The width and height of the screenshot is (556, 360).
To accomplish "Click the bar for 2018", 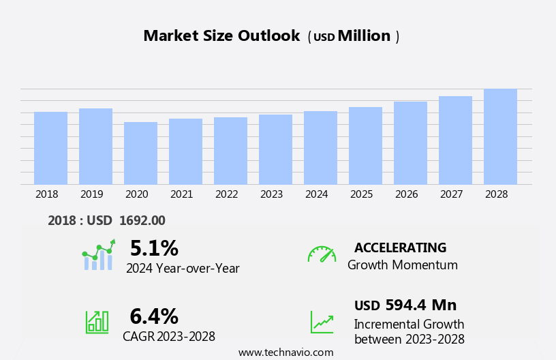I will click(x=50, y=148).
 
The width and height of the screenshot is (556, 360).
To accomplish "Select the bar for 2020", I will click(x=140, y=153).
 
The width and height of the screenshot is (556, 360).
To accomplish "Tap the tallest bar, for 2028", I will click(x=500, y=136).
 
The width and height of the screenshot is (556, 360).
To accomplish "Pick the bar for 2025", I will click(x=365, y=146).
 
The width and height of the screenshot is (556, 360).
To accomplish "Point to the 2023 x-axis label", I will click(x=271, y=194).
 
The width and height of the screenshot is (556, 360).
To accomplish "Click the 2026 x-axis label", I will click(x=406, y=194).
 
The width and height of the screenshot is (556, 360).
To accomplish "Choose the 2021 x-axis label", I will click(x=181, y=194).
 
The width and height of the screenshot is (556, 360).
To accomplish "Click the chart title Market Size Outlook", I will click(x=221, y=36).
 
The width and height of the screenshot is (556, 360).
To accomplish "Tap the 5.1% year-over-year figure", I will click(x=154, y=248).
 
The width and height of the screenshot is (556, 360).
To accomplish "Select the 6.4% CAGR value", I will click(x=154, y=316).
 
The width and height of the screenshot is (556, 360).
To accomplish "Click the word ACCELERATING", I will click(x=400, y=247).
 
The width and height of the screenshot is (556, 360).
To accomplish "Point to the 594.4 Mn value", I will click(x=420, y=305).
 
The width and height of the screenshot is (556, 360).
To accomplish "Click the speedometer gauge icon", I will click(x=322, y=254).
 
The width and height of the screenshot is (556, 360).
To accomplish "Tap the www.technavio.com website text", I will click(x=285, y=352).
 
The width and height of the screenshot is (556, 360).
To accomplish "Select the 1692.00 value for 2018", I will click(x=142, y=220).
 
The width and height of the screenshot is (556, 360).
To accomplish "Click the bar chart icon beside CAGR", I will click(x=97, y=322).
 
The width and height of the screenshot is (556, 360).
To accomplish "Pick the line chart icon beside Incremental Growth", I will click(x=322, y=322).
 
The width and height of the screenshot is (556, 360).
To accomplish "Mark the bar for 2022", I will click(x=230, y=151).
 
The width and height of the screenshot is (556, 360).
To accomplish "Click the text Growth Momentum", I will click(x=402, y=265).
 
